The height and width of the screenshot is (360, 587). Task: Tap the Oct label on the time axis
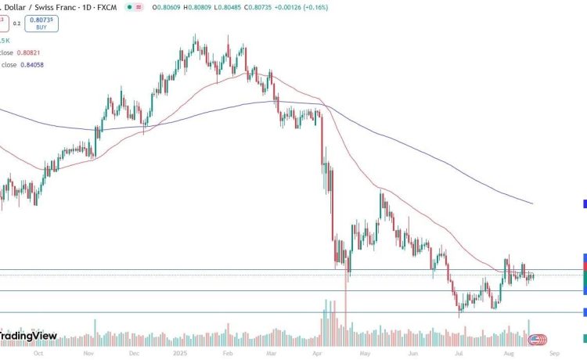37,353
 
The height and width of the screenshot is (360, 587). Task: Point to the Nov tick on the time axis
88,353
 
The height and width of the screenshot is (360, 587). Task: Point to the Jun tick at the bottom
413,353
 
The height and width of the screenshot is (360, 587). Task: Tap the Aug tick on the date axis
506,353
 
